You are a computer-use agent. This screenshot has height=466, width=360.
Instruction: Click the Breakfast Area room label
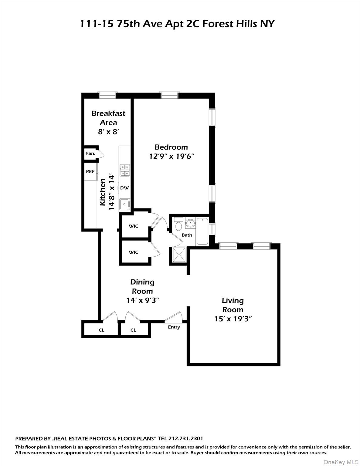point(108,118)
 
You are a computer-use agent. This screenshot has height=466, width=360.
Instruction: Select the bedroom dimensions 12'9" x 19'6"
point(171,157)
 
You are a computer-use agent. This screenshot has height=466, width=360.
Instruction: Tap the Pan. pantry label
point(90,154)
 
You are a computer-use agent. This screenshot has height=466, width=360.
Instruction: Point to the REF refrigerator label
point(90,172)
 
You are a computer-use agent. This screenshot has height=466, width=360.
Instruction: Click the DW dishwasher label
point(124,188)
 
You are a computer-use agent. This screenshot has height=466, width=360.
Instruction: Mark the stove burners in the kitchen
point(125,170)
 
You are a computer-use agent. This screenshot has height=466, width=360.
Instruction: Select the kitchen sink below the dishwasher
point(124,204)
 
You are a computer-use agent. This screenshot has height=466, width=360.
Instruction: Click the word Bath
point(187,235)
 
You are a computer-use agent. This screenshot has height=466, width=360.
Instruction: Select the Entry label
point(174,327)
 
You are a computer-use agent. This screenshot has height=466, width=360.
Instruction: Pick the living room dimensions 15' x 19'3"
point(233,319)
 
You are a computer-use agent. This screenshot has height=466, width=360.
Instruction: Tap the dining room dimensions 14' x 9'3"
point(143,300)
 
